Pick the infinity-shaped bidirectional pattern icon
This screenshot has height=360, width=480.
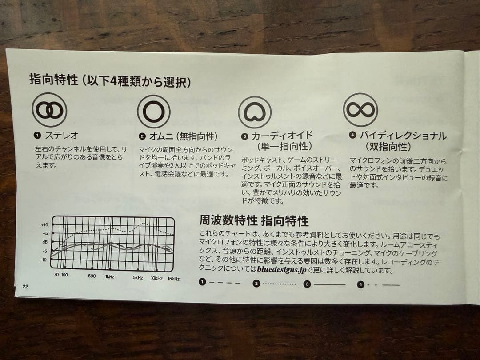click(x=360, y=109)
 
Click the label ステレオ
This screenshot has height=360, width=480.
click(x=61, y=135)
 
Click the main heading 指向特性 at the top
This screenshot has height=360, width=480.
click(x=53, y=80)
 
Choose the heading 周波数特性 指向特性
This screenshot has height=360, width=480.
click(x=254, y=220)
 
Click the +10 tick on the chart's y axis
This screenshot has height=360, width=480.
click(x=44, y=225)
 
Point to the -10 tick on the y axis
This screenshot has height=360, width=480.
click(x=44, y=259)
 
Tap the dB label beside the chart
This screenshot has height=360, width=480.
click(x=45, y=242)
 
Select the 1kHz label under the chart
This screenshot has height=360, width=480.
click(x=110, y=276)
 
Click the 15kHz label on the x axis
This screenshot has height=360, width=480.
click(x=173, y=279)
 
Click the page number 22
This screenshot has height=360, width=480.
click(x=25, y=286)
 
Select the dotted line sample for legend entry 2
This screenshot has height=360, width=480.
click(x=279, y=283)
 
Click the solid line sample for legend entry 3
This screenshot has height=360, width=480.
click(x=330, y=284)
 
